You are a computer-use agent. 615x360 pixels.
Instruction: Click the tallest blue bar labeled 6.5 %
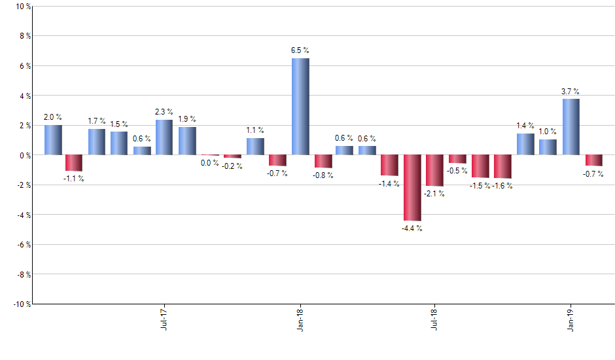pyautogui.click(x=300, y=107)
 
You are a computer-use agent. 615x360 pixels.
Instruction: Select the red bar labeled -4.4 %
pyautogui.click(x=412, y=188)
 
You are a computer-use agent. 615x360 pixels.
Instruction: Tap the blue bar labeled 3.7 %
pyautogui.click(x=571, y=127)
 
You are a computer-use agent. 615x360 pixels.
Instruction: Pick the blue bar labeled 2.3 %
pyautogui.click(x=164, y=137)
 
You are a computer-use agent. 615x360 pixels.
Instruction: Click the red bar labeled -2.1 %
pyautogui.click(x=434, y=170)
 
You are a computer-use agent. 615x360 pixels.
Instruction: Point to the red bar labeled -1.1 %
pyautogui.click(x=74, y=163)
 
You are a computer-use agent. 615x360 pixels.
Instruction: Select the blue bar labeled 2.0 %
pyautogui.click(x=53, y=140)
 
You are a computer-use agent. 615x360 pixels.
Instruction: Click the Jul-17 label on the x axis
pyautogui.click(x=164, y=318)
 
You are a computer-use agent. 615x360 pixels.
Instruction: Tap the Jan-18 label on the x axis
pyautogui.click(x=300, y=318)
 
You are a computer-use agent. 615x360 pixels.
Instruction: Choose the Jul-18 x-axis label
pyautogui.click(x=435, y=318)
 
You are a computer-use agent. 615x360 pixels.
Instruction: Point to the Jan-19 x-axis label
pyautogui.click(x=571, y=318)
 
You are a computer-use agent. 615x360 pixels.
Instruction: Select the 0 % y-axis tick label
pyautogui.click(x=25, y=155)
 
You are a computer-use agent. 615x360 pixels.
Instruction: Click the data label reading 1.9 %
pyautogui.click(x=187, y=119)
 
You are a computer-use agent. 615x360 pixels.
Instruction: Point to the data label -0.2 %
pyautogui.click(x=232, y=166)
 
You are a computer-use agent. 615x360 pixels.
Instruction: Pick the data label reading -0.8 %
pyautogui.click(x=323, y=175)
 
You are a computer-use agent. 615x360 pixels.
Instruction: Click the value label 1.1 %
pyautogui.click(x=255, y=130)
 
